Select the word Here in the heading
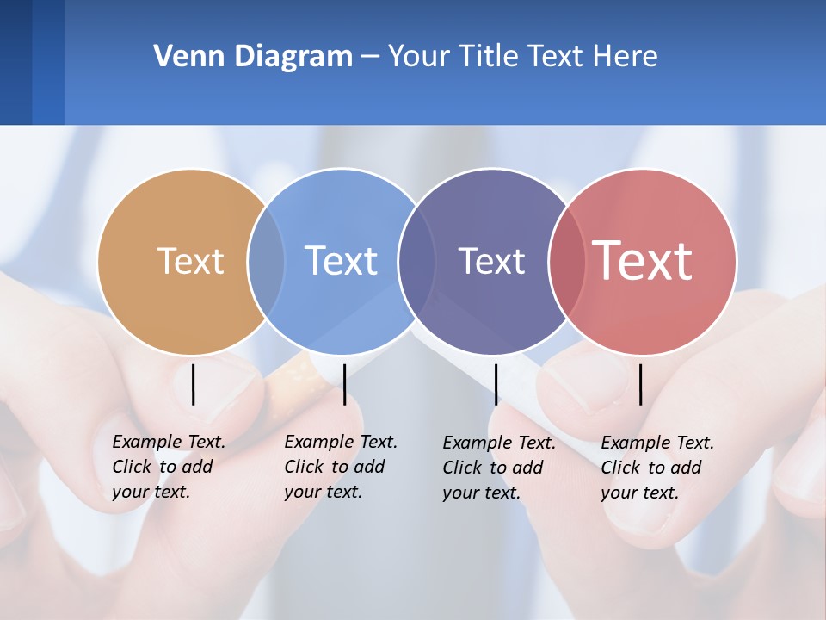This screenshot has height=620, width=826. pyautogui.click(x=626, y=57)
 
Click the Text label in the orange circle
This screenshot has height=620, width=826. pyautogui.click(x=190, y=261)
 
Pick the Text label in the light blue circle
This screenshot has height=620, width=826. pyautogui.click(x=341, y=261)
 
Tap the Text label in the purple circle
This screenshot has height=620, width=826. pyautogui.click(x=491, y=261)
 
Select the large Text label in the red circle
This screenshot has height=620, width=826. pyautogui.click(x=642, y=261)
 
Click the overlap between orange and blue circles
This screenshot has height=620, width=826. pyautogui.click(x=266, y=262)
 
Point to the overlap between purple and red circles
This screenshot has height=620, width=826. pyautogui.click(x=567, y=262)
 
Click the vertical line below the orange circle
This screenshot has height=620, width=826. pyautogui.click(x=193, y=384)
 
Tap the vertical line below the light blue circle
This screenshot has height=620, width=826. pyautogui.click(x=344, y=384)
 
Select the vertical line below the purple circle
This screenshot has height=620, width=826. pyautogui.click(x=496, y=384)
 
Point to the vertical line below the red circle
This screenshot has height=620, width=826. pyautogui.click(x=640, y=384)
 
